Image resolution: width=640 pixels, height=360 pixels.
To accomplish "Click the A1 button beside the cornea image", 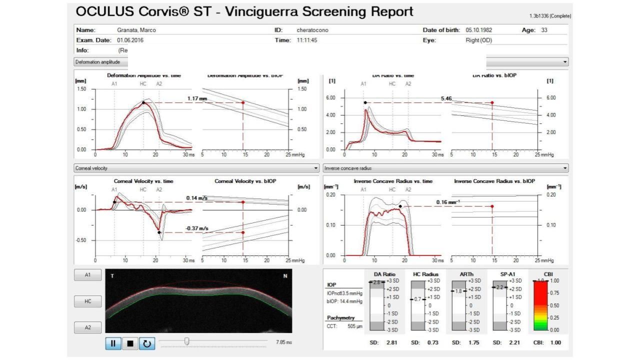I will [87, 275].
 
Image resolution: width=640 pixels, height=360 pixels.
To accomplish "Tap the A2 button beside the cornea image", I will [87, 327].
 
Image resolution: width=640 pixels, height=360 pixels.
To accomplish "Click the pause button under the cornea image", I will [113, 343].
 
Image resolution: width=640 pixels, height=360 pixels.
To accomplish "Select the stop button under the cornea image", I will [130, 343].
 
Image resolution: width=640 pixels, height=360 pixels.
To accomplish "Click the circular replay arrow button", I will [146, 343].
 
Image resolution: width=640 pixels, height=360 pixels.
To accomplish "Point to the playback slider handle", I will [186, 341].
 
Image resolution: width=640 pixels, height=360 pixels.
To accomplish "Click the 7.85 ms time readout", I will [283, 342].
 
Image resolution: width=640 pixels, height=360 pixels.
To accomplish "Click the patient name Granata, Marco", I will [136, 30].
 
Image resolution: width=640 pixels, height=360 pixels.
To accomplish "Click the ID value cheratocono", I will [312, 30].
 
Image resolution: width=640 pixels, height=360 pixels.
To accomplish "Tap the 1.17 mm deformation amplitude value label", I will [197, 98].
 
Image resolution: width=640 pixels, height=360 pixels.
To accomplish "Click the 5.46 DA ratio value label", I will [446, 98].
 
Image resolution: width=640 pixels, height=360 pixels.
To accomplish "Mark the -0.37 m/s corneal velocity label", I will [196, 228].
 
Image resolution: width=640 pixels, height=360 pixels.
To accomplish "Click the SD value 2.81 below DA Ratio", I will [391, 342].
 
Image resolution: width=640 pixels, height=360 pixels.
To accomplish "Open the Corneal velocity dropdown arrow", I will [315, 168].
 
